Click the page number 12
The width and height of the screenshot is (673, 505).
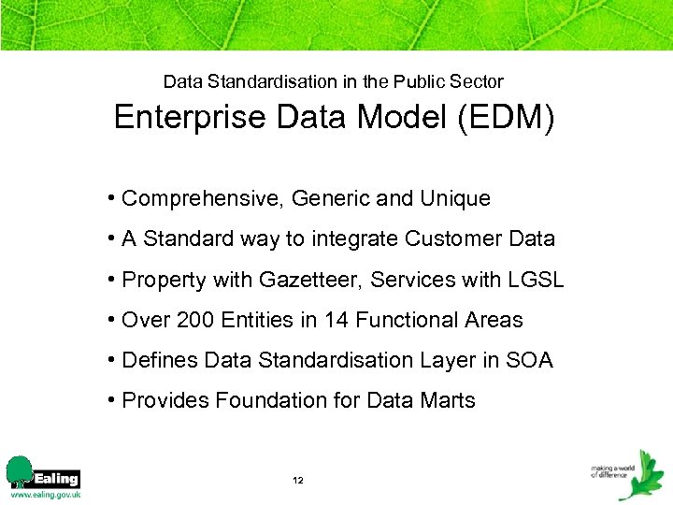pos(297,481)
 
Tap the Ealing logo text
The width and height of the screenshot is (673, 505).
pos(56,478)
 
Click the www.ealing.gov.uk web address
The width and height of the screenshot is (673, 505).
pos(45,494)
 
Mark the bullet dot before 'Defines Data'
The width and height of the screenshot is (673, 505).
pos(111,360)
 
